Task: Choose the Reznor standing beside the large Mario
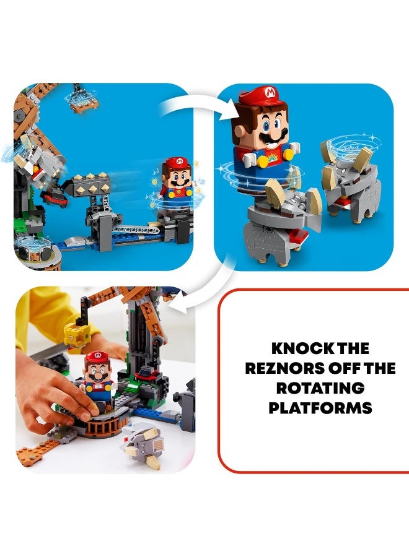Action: coord(349,183)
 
